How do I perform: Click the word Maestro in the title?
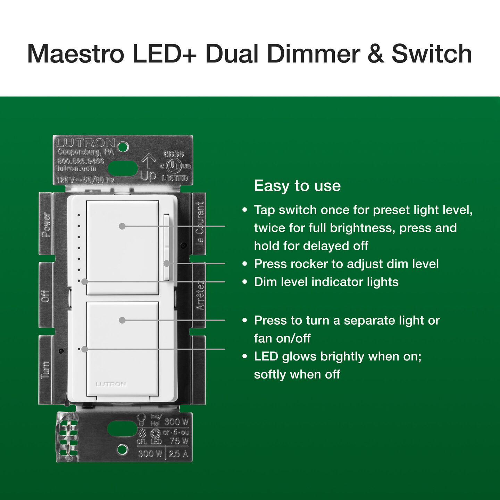[75, 54]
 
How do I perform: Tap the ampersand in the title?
[376, 54]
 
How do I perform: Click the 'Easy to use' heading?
[297, 186]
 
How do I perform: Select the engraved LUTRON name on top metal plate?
[86, 143]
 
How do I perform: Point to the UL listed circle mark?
[173, 166]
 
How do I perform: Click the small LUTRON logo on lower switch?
[111, 384]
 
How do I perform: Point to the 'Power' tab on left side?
[46, 224]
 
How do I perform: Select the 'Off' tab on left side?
[46, 295]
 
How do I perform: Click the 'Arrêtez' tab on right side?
[200, 295]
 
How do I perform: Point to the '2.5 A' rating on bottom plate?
[178, 453]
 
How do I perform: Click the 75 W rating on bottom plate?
[179, 441]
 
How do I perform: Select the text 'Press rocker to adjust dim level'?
[346, 264]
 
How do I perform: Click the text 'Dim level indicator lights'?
[326, 282]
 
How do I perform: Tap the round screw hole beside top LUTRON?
[123, 147]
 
